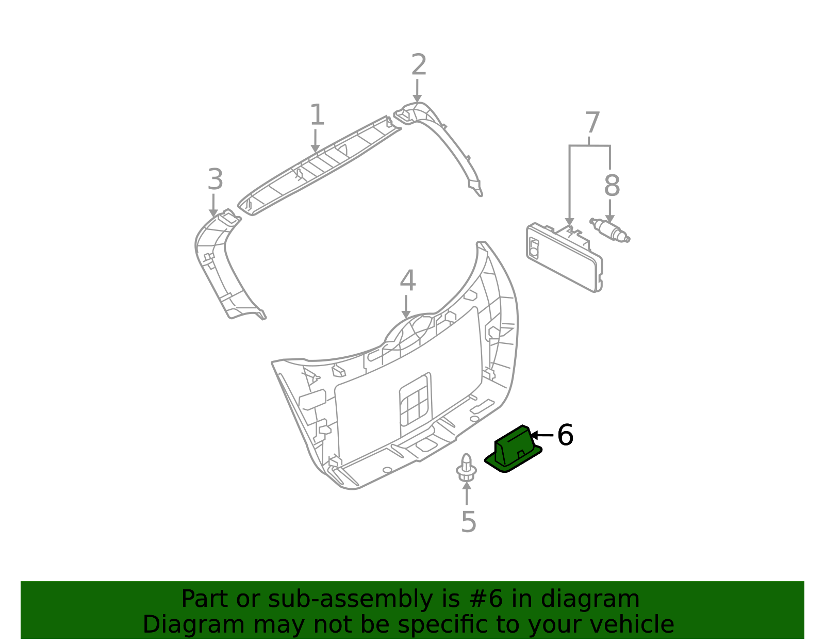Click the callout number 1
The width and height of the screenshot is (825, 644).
(317, 114)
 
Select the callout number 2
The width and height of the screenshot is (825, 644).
(419, 64)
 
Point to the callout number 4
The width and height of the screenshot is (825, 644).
(408, 280)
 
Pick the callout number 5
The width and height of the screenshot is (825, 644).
(469, 522)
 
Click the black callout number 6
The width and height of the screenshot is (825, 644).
(565, 435)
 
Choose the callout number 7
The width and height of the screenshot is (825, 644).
(592, 122)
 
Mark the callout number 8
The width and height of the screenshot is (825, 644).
(612, 186)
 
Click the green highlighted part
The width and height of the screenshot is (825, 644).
(513, 449)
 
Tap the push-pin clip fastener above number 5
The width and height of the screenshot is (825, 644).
(466, 468)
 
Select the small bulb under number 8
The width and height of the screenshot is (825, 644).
(610, 230)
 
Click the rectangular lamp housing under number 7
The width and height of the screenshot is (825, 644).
(564, 257)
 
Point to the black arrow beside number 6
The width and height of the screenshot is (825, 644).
(542, 435)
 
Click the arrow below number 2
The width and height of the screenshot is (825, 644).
(417, 91)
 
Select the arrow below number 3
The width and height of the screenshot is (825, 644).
(213, 205)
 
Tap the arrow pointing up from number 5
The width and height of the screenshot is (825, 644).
(467, 493)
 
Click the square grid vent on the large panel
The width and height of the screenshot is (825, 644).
(416, 405)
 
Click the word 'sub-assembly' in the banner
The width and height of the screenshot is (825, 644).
(350, 599)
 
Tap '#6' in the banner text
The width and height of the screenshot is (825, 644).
(486, 599)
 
